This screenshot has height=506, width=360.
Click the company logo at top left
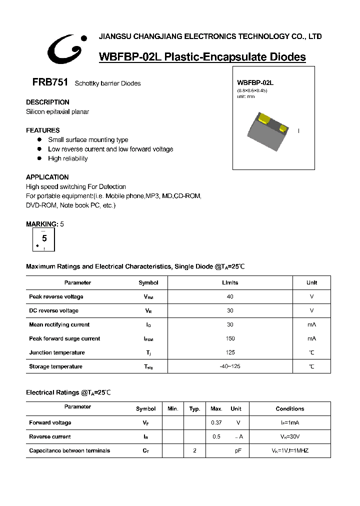[65, 48]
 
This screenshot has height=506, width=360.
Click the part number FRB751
[47, 82]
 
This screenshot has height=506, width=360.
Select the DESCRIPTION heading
[47, 102]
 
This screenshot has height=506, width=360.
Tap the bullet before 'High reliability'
[39, 158]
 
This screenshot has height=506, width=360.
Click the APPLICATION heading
[47, 177]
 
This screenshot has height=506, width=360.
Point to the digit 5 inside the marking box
[44, 238]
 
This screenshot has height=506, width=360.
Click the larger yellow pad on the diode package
[264, 118]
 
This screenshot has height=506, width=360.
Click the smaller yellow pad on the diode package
[283, 128]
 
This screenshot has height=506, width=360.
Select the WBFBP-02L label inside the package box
[255, 82]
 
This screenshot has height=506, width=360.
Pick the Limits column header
[230, 282]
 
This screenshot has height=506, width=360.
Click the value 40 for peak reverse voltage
[230, 296]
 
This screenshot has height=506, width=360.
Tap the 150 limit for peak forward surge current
[230, 338]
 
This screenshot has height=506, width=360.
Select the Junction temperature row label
[57, 352]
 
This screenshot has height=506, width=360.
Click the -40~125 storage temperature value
[230, 366]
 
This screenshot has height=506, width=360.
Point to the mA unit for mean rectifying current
[311, 324]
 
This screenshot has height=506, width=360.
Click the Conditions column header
[289, 408]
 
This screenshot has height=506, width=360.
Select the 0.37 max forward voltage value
[216, 422]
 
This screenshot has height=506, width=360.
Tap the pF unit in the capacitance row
[238, 450]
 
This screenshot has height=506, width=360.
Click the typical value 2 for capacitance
[194, 450]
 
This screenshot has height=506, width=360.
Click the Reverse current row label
[50, 436]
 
